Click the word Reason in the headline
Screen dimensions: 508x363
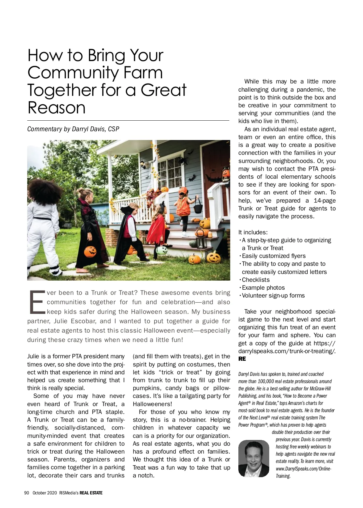tap(57, 108)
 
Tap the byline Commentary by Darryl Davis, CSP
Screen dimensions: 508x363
tap(73, 129)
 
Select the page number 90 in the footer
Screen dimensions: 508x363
tap(27, 493)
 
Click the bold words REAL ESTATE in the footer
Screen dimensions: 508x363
tap(91, 493)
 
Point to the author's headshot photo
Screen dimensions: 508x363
tap(253, 458)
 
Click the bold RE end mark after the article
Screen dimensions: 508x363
tap(242, 359)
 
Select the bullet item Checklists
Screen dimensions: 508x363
tap(256, 280)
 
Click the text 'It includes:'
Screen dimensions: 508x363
tap(253, 233)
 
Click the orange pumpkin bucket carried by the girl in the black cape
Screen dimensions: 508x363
tap(90, 251)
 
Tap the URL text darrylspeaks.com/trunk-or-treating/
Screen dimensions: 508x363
tap(286, 351)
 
